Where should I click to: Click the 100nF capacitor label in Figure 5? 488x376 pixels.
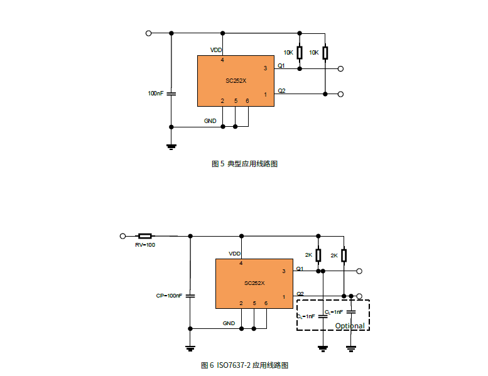(156, 93)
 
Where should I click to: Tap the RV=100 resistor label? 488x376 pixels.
(145, 245)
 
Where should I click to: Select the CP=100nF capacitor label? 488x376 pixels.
(169, 295)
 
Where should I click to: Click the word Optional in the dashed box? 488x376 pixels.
(349, 326)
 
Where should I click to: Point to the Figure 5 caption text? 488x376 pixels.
(244, 164)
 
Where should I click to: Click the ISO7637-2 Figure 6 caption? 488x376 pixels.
(244, 365)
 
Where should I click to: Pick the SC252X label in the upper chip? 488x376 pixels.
(236, 80)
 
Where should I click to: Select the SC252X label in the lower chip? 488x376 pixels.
(254, 283)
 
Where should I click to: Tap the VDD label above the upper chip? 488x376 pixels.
(215, 50)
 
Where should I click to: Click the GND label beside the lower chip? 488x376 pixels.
(229, 323)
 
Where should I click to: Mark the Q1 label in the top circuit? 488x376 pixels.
(281, 65)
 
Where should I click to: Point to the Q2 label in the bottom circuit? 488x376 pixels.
(300, 294)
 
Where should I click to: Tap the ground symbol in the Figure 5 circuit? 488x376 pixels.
(171, 147)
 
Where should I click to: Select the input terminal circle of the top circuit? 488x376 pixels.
(148, 33)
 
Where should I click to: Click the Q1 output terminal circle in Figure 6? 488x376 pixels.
(359, 271)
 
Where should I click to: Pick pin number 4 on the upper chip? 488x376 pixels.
(222, 61)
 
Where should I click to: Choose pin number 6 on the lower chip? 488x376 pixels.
(266, 303)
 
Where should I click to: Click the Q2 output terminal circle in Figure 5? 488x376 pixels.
(340, 94)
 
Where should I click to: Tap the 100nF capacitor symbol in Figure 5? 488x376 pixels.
(171, 93)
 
